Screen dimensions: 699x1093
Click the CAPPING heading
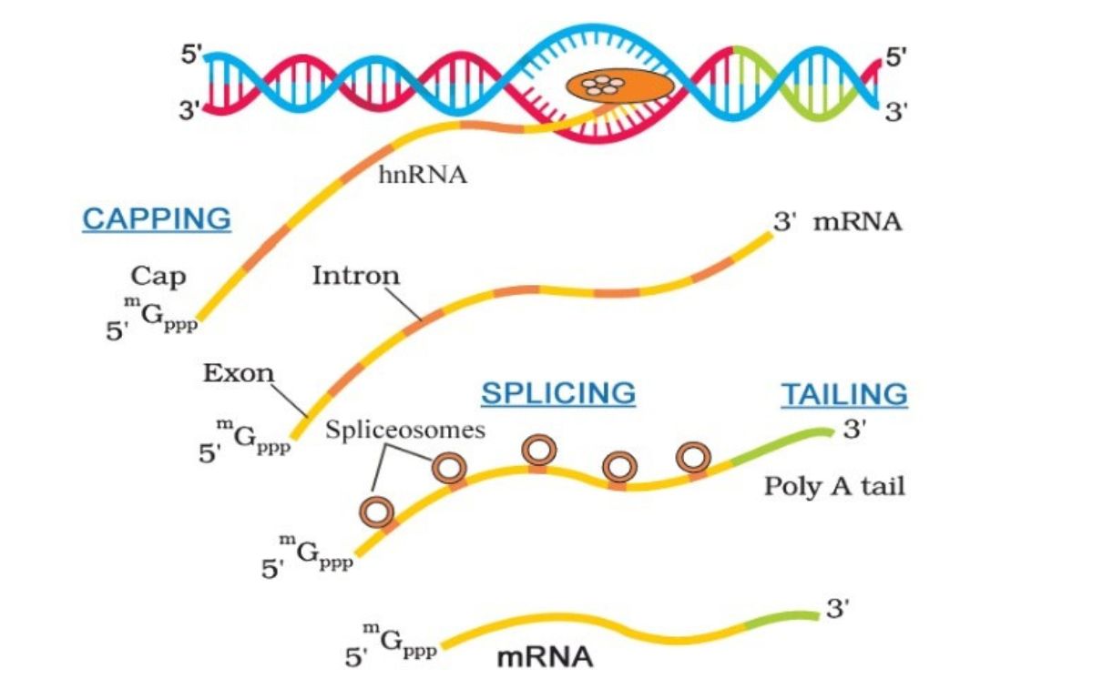(x=157, y=218)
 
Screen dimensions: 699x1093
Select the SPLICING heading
(x=558, y=393)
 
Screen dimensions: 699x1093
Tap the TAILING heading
(x=844, y=393)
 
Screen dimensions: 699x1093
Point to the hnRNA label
(x=423, y=175)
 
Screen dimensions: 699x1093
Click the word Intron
(x=355, y=275)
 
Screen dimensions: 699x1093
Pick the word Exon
(x=238, y=373)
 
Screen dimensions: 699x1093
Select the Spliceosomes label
(x=405, y=429)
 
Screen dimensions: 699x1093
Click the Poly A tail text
(x=834, y=486)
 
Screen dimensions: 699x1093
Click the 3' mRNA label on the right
(x=837, y=222)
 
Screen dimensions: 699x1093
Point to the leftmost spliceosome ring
(x=378, y=512)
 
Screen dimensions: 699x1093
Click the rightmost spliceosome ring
(x=694, y=456)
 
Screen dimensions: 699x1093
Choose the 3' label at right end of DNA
(x=897, y=112)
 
